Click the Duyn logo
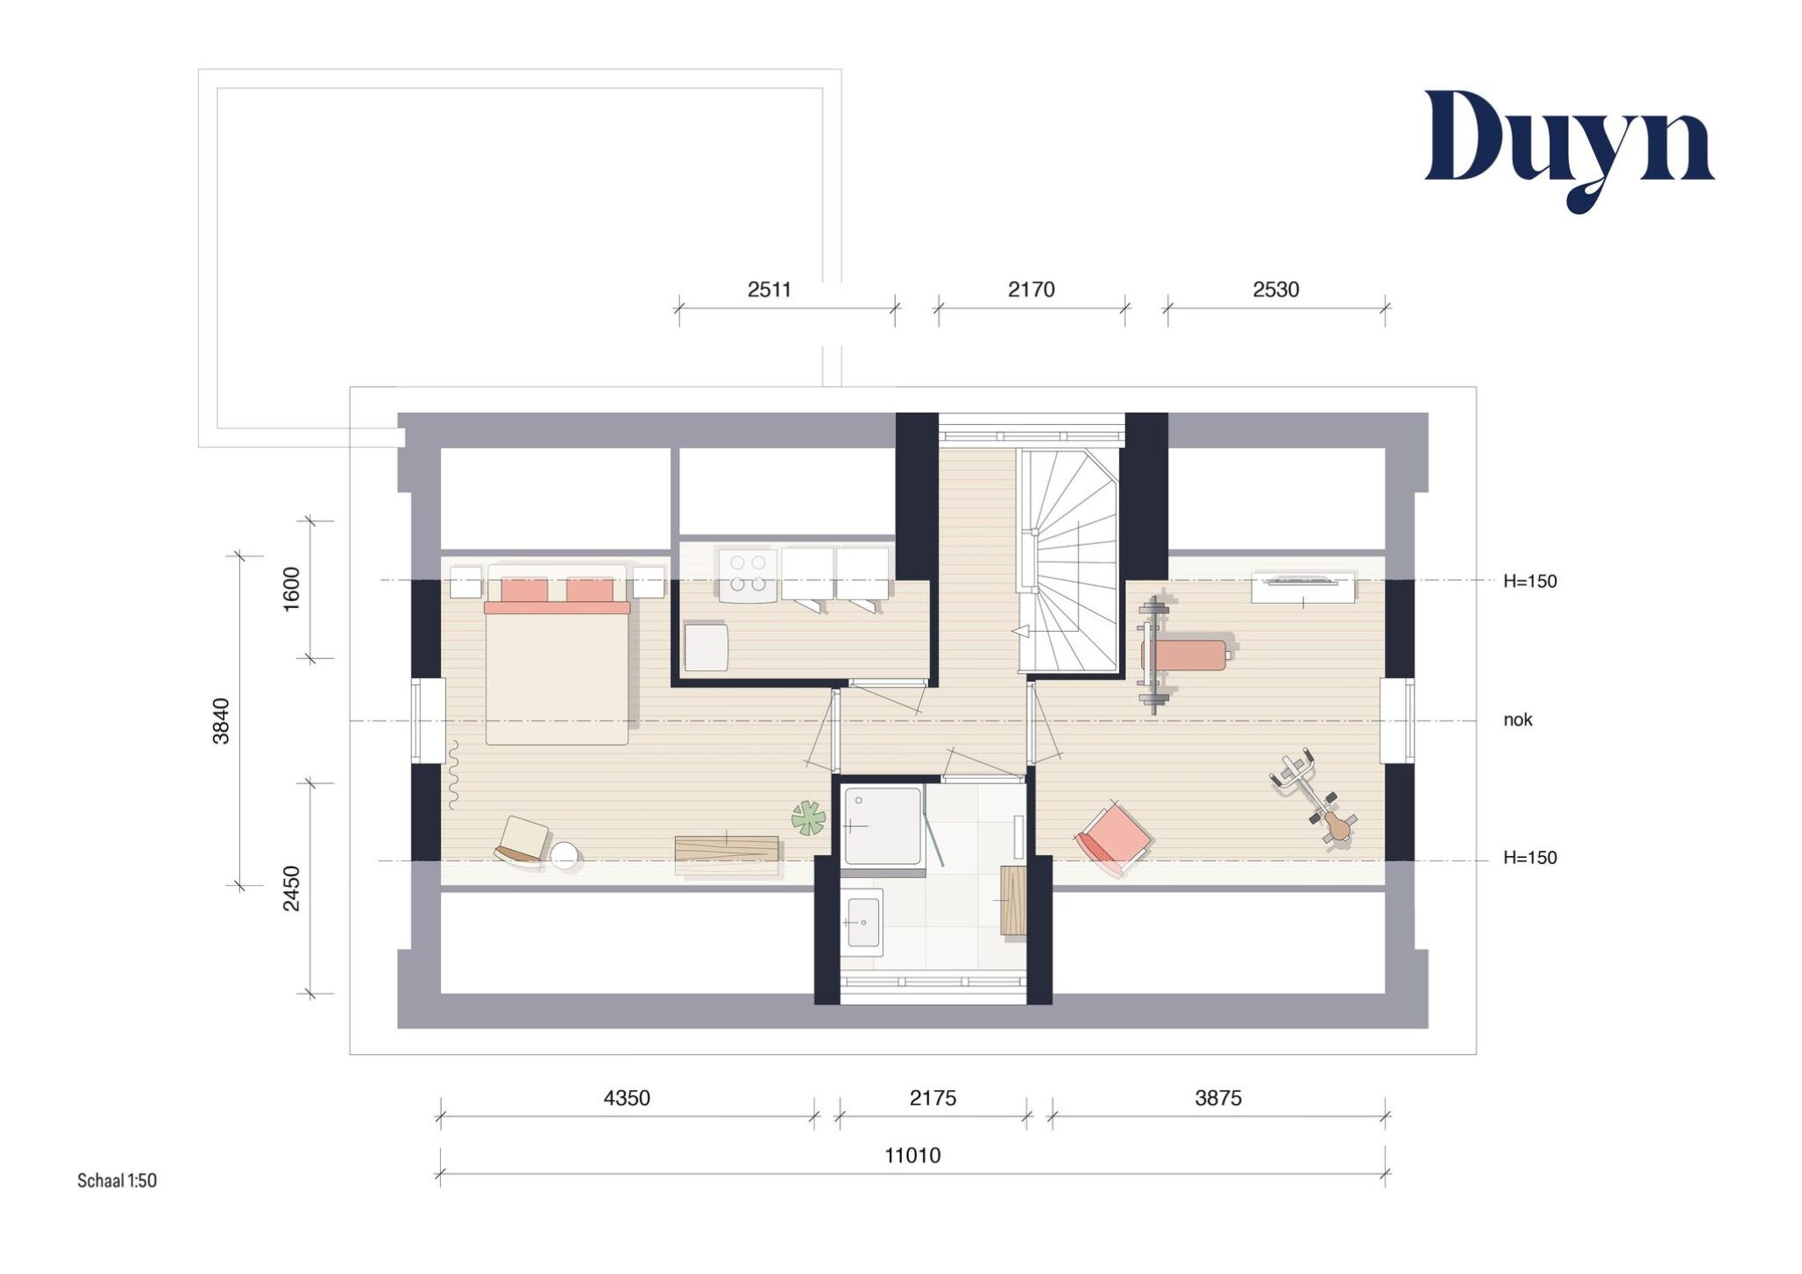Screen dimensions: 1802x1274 [x=1569, y=149]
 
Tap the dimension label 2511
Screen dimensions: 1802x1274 [x=769, y=289]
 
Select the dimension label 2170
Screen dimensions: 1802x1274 [x=1031, y=289]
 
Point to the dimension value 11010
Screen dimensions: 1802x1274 [x=912, y=1155]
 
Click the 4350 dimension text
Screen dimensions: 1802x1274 [x=627, y=1098]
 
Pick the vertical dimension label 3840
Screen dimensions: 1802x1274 [x=221, y=720]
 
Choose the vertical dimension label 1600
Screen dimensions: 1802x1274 [x=291, y=589]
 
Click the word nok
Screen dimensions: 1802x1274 [x=1518, y=719]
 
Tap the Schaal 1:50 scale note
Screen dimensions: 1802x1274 [x=117, y=1180]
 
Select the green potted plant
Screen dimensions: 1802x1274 [x=808, y=818]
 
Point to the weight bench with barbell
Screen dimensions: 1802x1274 [x=1179, y=655]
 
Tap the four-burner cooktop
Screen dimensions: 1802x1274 [x=748, y=575]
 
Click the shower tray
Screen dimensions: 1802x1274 [x=883, y=825]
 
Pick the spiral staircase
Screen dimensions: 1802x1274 [x=1068, y=561]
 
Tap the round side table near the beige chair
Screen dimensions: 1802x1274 [x=564, y=854]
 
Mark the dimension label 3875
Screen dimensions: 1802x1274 [x=1218, y=1098]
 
